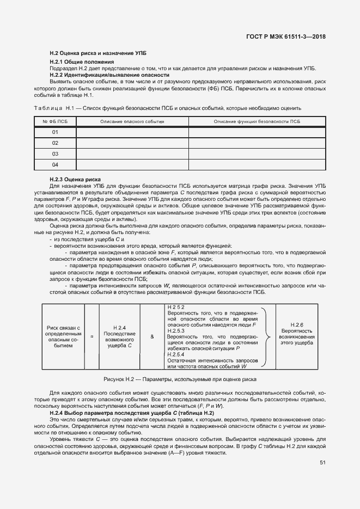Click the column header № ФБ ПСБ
pos(55,121)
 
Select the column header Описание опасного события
pos(132,121)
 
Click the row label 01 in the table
pos(55,132)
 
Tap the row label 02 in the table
pos(55,143)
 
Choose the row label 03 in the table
pos(55,154)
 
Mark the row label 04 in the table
pos(55,164)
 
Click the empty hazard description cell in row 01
pos(132,132)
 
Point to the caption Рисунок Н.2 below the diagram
pos(180,379)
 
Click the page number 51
pos(322,463)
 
